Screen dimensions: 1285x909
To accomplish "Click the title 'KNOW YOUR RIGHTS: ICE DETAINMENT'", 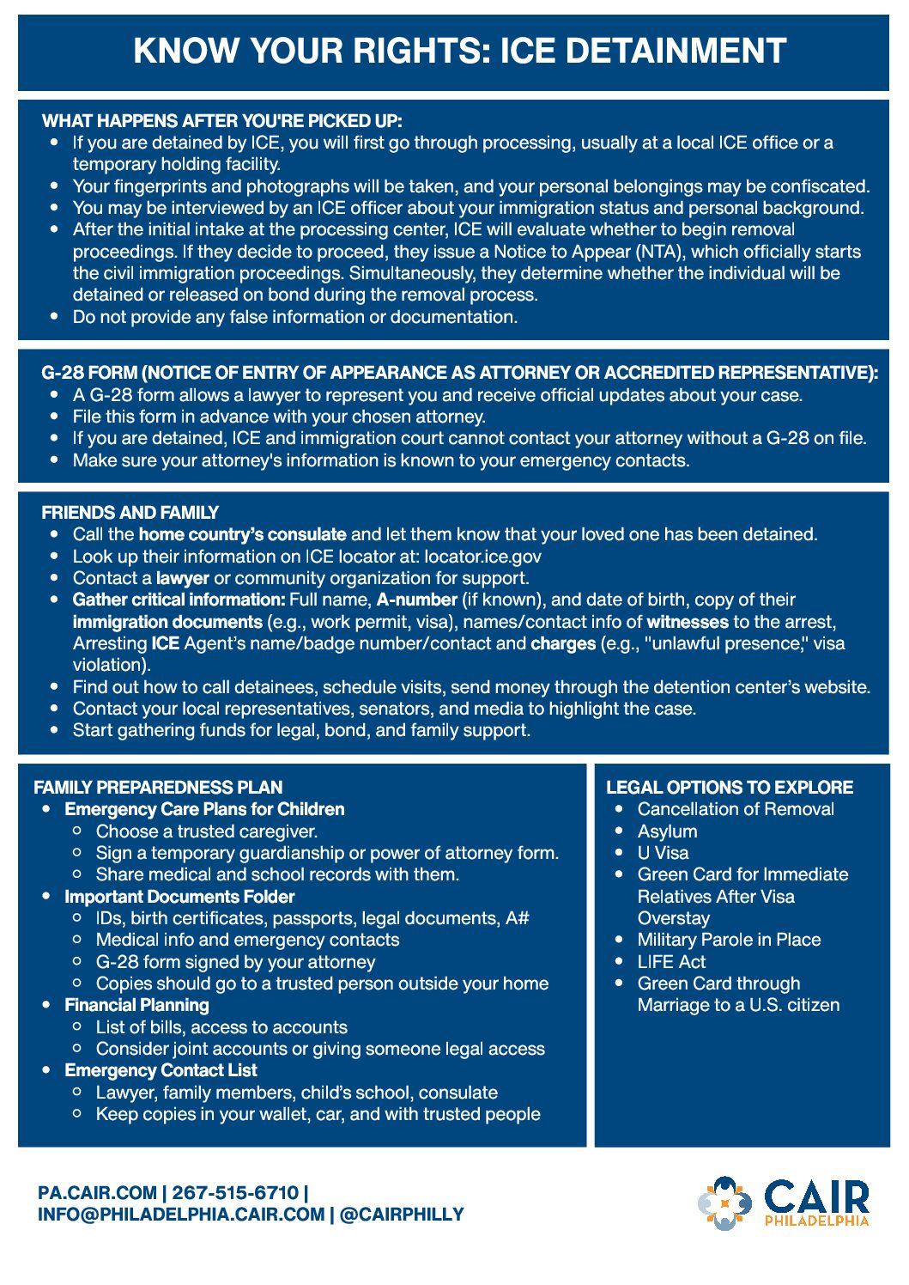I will click(459, 52).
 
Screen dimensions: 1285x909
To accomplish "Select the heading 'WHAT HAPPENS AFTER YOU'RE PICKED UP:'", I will click(221, 121).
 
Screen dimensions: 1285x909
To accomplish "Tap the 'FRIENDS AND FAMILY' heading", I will click(130, 513).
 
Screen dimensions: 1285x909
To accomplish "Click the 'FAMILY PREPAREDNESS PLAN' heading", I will click(158, 788).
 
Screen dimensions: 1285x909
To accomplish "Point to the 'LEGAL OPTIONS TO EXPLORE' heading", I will click(729, 788).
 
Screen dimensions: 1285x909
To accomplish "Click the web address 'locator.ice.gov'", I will click(482, 557).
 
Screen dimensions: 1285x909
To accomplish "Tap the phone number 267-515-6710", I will click(235, 1193).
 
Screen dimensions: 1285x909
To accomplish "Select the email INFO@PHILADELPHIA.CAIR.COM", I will click(181, 1215).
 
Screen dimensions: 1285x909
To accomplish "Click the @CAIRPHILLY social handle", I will click(402, 1215).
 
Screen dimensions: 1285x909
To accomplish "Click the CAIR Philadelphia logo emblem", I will click(724, 1203).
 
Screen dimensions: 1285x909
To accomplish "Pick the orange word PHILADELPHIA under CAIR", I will click(816, 1221).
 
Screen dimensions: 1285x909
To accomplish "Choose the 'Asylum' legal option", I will click(667, 831).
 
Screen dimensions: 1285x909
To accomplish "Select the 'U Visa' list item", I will click(663, 853).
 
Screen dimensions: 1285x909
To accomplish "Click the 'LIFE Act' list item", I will click(671, 962).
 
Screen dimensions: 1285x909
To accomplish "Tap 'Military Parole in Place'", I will click(729, 940).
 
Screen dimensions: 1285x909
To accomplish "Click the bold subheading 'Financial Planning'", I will click(136, 1005).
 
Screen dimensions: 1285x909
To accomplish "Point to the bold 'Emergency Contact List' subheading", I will click(161, 1070).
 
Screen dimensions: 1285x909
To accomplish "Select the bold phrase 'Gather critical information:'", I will click(179, 600).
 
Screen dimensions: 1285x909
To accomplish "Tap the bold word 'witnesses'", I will click(687, 622).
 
